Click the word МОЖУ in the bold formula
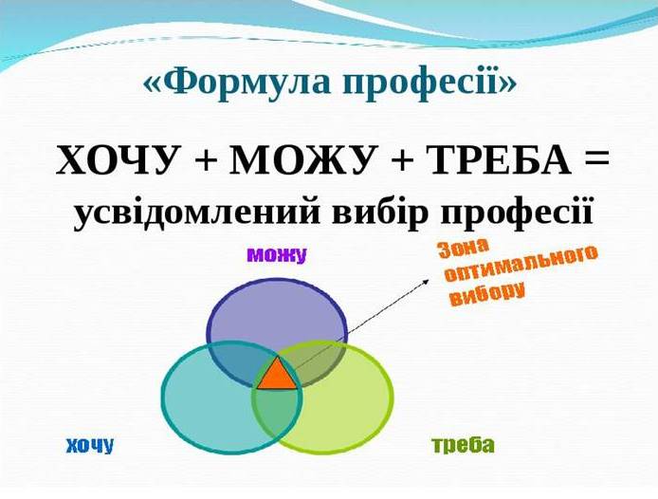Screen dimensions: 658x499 302,161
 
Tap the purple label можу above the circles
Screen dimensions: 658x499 277,255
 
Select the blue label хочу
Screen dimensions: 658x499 90,445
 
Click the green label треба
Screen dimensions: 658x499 464,445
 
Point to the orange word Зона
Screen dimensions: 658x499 463,249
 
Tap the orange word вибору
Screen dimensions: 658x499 488,295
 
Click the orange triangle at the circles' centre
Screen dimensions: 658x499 277,376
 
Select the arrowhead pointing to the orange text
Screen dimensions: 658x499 426,281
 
